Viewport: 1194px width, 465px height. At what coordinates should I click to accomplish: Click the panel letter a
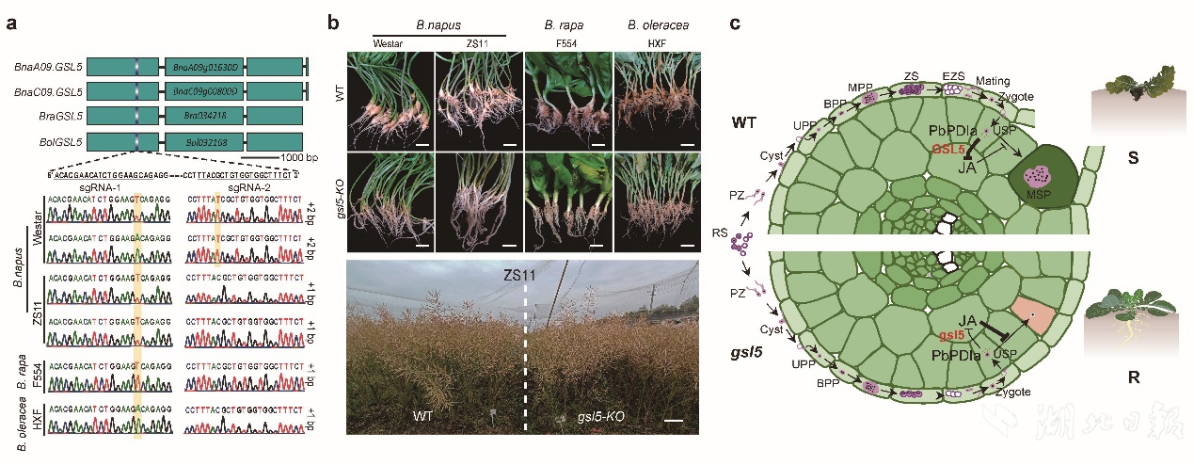(x=10, y=24)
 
